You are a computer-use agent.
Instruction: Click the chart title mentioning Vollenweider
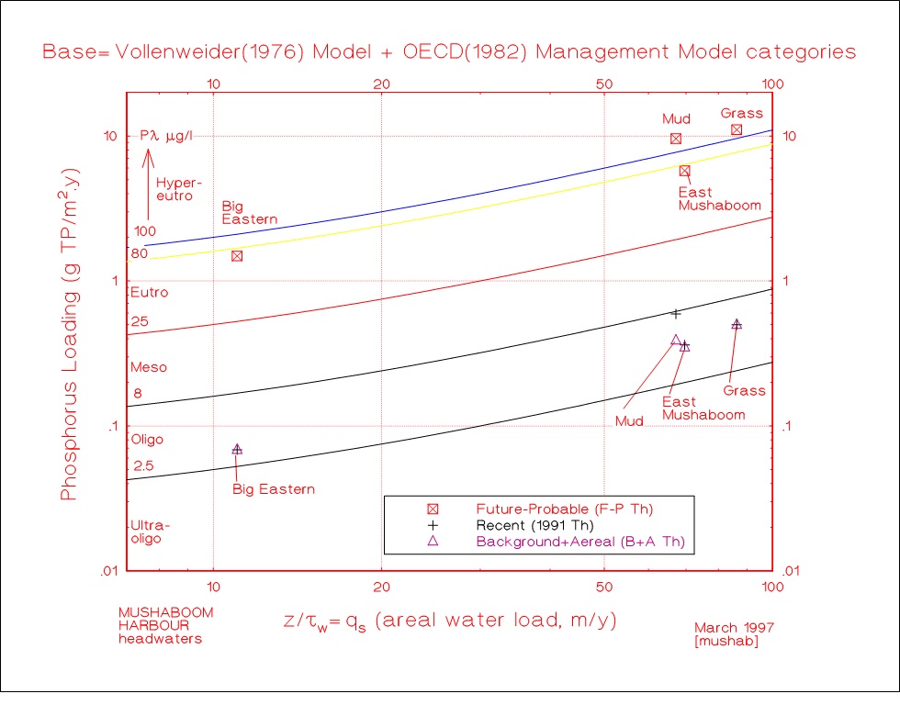click(449, 51)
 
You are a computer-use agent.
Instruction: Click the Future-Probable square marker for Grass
click(736, 129)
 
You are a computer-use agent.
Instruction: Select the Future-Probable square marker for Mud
click(676, 139)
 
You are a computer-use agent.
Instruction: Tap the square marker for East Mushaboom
click(684, 171)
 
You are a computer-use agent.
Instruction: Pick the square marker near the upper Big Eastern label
click(237, 256)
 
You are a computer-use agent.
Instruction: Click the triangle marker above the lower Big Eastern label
click(237, 449)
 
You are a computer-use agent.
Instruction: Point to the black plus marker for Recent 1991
click(677, 314)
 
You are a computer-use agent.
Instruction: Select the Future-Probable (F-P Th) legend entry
click(569, 508)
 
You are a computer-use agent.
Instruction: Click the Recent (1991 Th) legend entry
click(535, 525)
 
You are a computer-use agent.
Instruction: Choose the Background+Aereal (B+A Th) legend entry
click(579, 543)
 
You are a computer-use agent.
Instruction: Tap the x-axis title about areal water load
click(450, 621)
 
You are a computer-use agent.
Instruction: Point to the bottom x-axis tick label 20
click(381, 587)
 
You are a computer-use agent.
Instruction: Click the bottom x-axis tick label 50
click(604, 587)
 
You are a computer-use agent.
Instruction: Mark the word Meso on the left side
click(149, 367)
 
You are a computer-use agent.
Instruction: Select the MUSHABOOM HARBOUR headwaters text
click(165, 626)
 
